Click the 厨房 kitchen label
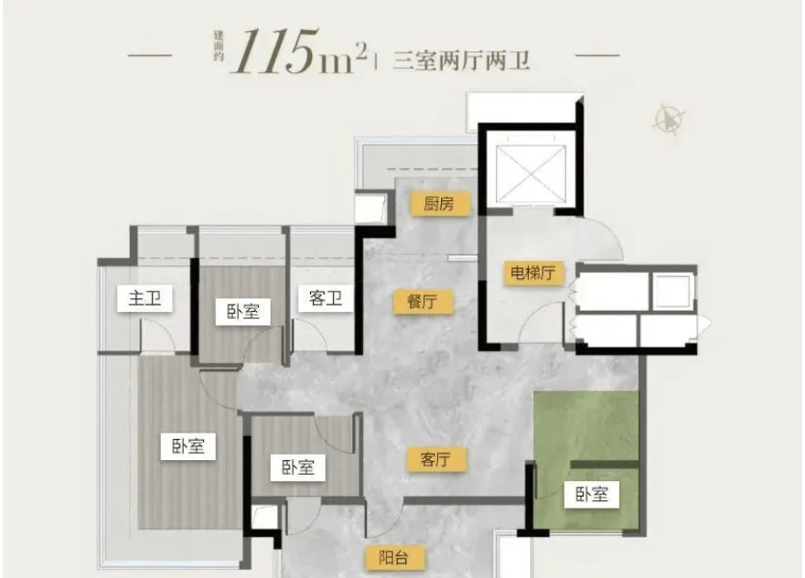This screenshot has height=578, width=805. pyautogui.click(x=439, y=204)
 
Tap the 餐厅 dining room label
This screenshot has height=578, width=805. pyautogui.click(x=423, y=301)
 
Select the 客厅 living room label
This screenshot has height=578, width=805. pyautogui.click(x=435, y=459)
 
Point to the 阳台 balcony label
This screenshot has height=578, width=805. pyautogui.click(x=394, y=558)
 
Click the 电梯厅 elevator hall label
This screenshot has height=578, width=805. pyautogui.click(x=533, y=273)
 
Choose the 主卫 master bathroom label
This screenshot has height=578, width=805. pyautogui.click(x=145, y=298)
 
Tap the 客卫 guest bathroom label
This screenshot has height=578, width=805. pyautogui.click(x=326, y=298)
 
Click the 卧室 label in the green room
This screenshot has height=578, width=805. pyautogui.click(x=592, y=495)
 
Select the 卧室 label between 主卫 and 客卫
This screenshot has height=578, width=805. pyautogui.click(x=242, y=311)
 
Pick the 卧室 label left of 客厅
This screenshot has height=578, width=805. pyautogui.click(x=298, y=467)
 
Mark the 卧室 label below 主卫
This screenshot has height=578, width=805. pyautogui.click(x=188, y=445)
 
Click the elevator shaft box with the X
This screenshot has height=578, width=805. pyautogui.click(x=531, y=174)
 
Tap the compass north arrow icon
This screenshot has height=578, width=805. pyautogui.click(x=670, y=120)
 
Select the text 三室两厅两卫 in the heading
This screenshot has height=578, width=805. pyautogui.click(x=460, y=60)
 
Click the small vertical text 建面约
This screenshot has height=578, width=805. pyautogui.click(x=219, y=47)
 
